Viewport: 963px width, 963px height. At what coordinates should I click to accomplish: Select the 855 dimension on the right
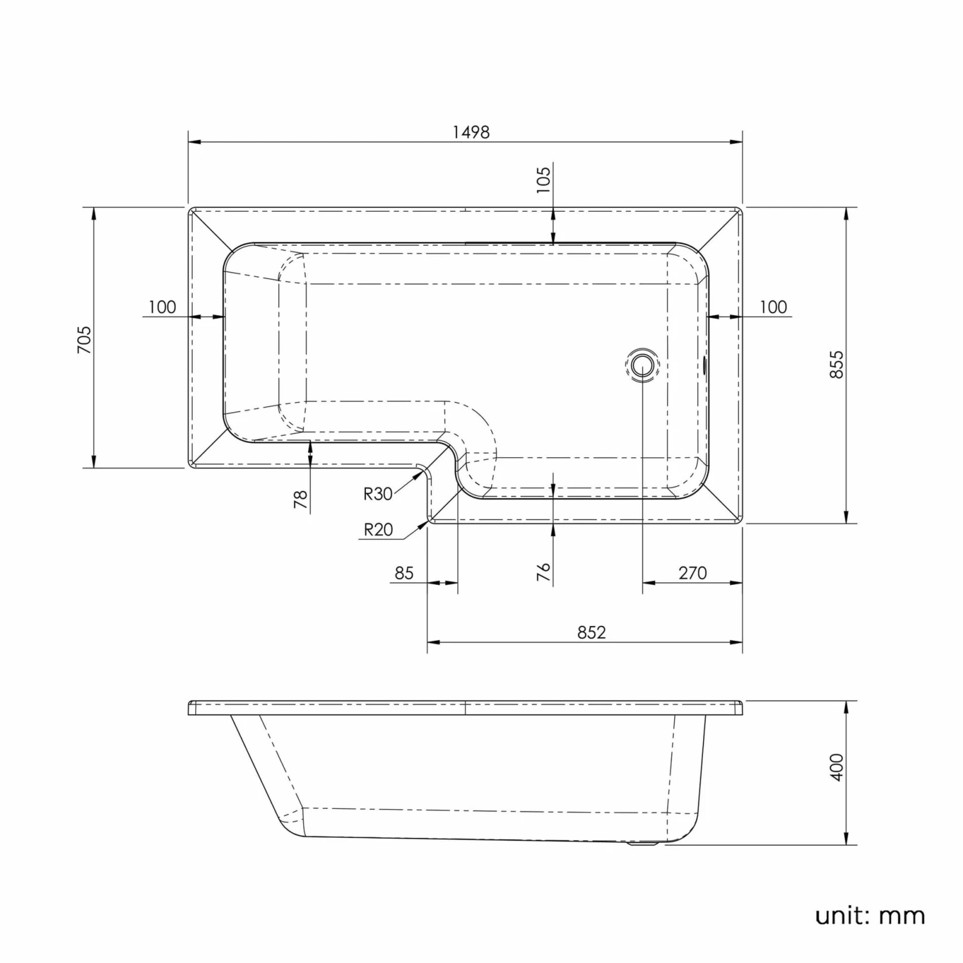tap(837, 364)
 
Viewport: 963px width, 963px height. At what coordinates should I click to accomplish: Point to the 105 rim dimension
tap(543, 180)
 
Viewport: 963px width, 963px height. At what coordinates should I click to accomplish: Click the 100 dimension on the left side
tap(162, 307)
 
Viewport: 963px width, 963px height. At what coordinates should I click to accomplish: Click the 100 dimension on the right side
tap(773, 307)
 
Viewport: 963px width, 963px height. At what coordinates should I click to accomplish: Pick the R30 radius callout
tap(377, 494)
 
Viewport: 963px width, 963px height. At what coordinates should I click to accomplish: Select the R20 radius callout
tap(377, 530)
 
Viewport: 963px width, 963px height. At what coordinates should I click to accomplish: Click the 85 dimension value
tap(404, 573)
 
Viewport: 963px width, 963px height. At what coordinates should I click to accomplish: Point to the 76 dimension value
tap(543, 571)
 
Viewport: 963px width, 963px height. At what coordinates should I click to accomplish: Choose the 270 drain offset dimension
tap(692, 573)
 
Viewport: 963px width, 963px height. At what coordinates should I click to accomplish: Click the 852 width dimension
tap(591, 632)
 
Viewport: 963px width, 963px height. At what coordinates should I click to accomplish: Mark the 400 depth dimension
tap(837, 767)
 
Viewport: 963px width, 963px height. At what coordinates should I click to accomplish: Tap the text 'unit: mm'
tap(869, 915)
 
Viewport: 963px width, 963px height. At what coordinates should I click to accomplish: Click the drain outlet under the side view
tap(642, 846)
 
